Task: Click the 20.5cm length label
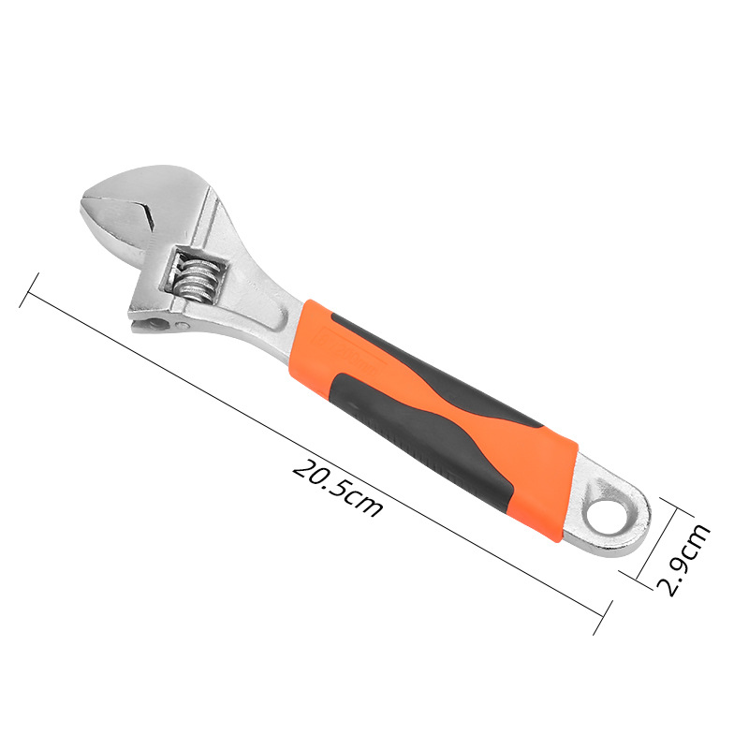337,488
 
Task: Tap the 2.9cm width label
684,559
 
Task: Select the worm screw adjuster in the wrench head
196,283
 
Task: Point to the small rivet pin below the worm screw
182,326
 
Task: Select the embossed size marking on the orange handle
351,352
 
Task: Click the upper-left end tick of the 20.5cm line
29,290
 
